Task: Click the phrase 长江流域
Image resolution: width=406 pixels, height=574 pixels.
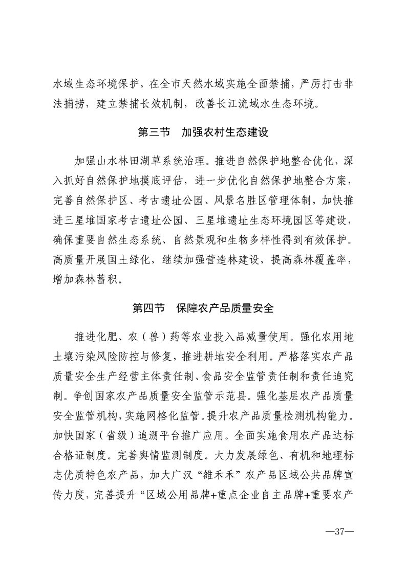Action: click(251, 107)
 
